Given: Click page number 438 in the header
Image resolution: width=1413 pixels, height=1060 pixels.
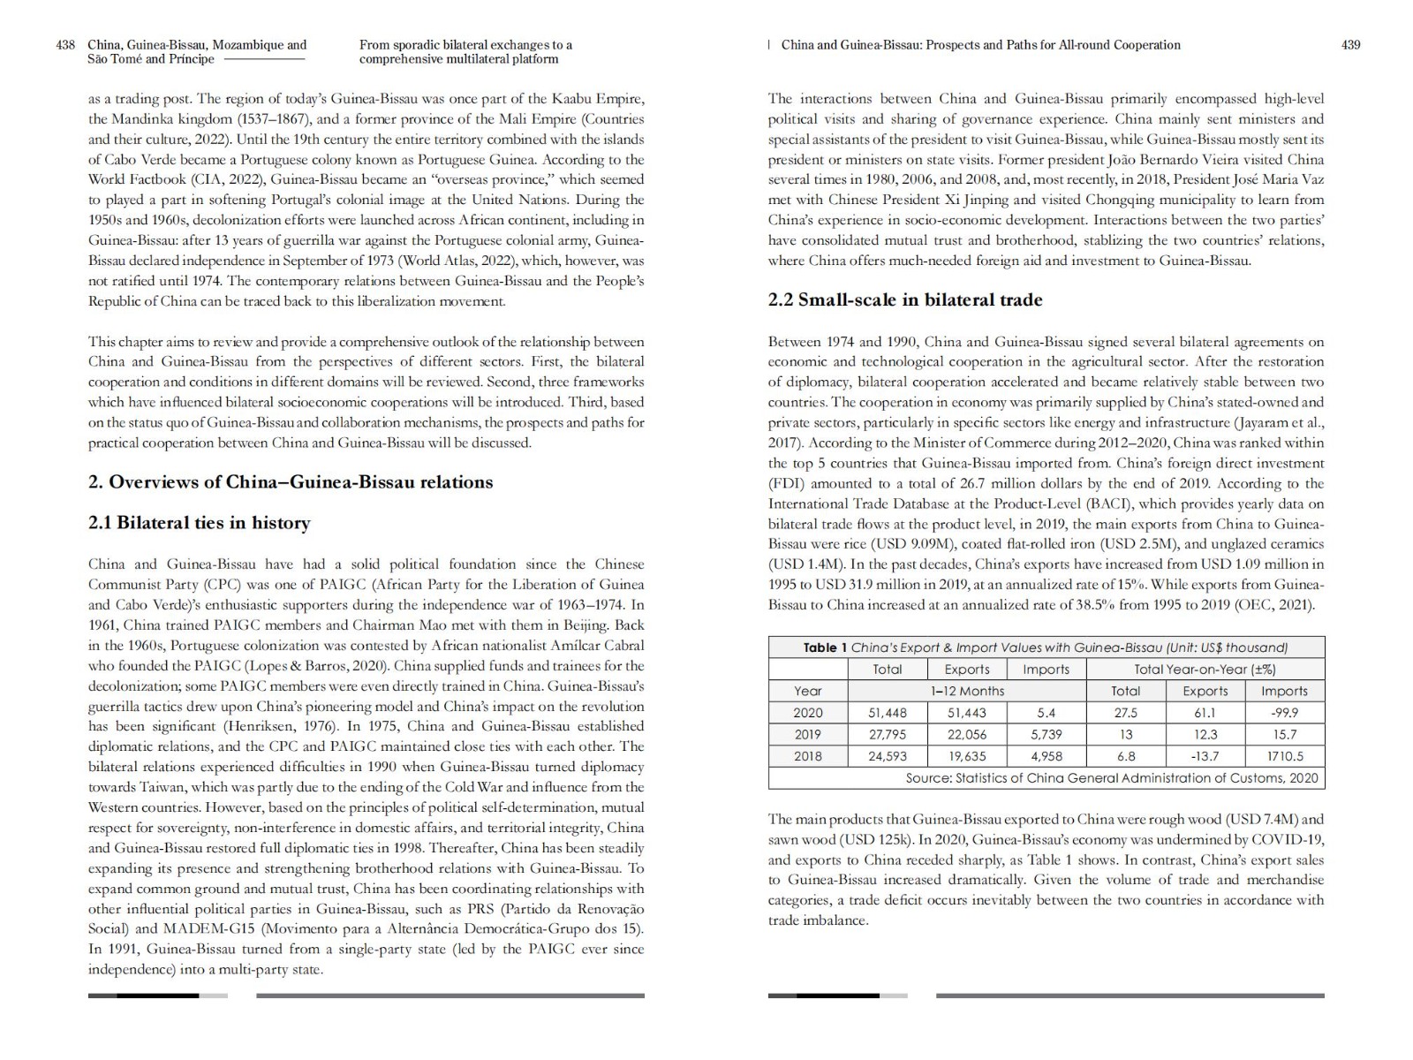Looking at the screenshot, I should (x=65, y=45).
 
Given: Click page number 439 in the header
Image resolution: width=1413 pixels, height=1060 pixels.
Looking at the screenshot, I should (x=1350, y=45).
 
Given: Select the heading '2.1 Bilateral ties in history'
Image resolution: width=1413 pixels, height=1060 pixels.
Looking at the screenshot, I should (x=199, y=523).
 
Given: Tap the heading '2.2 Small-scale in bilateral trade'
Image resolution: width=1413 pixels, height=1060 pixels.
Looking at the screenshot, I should (x=905, y=299).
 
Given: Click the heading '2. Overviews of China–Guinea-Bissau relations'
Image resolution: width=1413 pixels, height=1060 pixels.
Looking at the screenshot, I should (x=291, y=482).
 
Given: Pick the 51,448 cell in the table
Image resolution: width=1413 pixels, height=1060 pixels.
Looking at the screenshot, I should (x=888, y=713).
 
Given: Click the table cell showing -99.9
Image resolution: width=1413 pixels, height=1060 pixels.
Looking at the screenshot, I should (x=1284, y=713).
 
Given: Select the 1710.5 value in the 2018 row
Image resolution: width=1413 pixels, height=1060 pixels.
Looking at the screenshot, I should (x=1284, y=756).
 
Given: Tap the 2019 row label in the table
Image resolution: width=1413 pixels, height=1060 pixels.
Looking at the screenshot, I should (x=807, y=735).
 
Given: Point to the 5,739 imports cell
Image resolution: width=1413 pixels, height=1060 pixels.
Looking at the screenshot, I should (x=1046, y=735).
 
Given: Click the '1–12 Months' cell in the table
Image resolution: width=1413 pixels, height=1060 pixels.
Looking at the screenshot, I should (x=969, y=691).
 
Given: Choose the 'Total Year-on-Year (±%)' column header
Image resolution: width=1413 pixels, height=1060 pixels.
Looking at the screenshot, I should (x=1205, y=670).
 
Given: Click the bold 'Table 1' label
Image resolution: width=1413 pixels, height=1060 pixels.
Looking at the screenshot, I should (x=825, y=647).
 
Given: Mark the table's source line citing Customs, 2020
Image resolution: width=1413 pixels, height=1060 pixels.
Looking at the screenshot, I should (x=1111, y=778).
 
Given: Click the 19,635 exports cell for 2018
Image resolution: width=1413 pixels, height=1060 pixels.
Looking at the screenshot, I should (x=967, y=756).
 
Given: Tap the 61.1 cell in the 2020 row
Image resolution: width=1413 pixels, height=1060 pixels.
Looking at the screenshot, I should (x=1205, y=713).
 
